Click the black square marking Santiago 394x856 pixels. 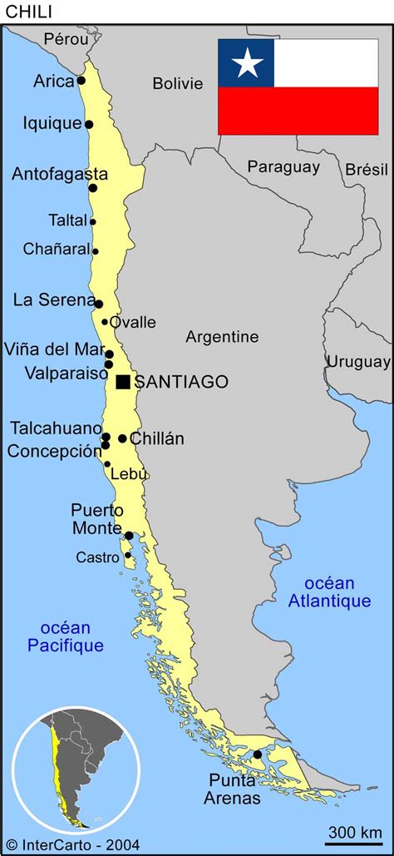pyautogui.click(x=123, y=382)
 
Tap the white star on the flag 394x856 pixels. pyautogui.click(x=246, y=62)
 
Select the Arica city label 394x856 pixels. pyautogui.click(x=53, y=81)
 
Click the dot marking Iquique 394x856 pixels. pyautogui.click(x=89, y=125)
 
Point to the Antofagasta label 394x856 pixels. pyautogui.click(x=59, y=174)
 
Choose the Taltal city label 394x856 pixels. pyautogui.click(x=67, y=220)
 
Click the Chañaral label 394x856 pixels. pyautogui.click(x=55, y=249)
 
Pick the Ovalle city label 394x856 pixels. pyautogui.click(x=133, y=322)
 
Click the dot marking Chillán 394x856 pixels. pyautogui.click(x=122, y=438)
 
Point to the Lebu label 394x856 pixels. pyautogui.click(x=129, y=473)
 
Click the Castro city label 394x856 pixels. pyautogui.click(x=97, y=557)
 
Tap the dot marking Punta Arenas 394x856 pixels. pyautogui.click(x=258, y=755)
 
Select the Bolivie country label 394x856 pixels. pyautogui.click(x=177, y=83)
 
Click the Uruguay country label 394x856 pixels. pyautogui.click(x=357, y=362)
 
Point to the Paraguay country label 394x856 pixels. pyautogui.click(x=283, y=166)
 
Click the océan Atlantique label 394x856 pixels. pyautogui.click(x=329, y=591)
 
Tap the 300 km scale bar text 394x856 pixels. pyautogui.click(x=354, y=831)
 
